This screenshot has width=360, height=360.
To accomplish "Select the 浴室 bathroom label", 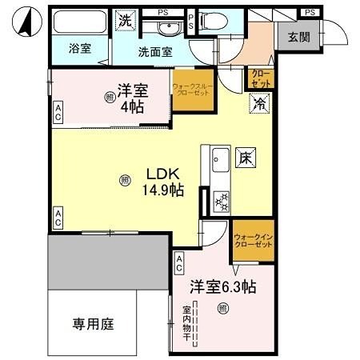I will coord(78,48).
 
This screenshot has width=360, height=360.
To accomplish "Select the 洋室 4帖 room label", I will coord(131,98).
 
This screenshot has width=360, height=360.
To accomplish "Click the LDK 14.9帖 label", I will coord(164,181).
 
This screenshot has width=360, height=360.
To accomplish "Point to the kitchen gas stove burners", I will coord(221,200).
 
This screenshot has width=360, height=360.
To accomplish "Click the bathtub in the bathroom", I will coord(78,22).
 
